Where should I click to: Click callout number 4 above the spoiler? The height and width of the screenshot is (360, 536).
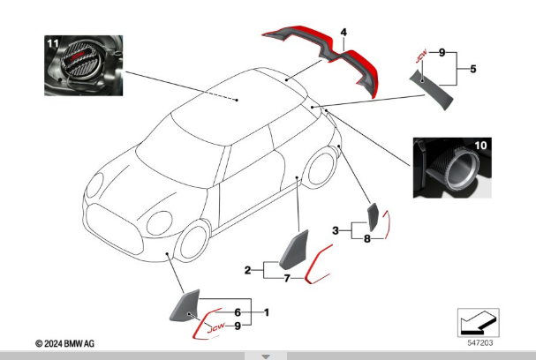[343, 33]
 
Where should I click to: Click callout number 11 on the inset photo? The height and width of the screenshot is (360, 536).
[52, 43]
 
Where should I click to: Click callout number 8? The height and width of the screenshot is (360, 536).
[366, 238]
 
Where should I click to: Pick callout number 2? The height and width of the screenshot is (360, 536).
[248, 269]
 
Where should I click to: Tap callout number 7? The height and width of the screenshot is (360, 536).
[286, 279]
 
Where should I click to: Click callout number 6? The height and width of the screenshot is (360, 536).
[237, 313]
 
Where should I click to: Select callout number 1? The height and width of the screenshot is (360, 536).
[267, 313]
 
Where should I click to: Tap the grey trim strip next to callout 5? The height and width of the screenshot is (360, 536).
[435, 87]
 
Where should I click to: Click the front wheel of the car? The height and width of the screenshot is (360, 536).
[194, 240]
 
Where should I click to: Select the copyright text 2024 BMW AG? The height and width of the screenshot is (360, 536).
[65, 342]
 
